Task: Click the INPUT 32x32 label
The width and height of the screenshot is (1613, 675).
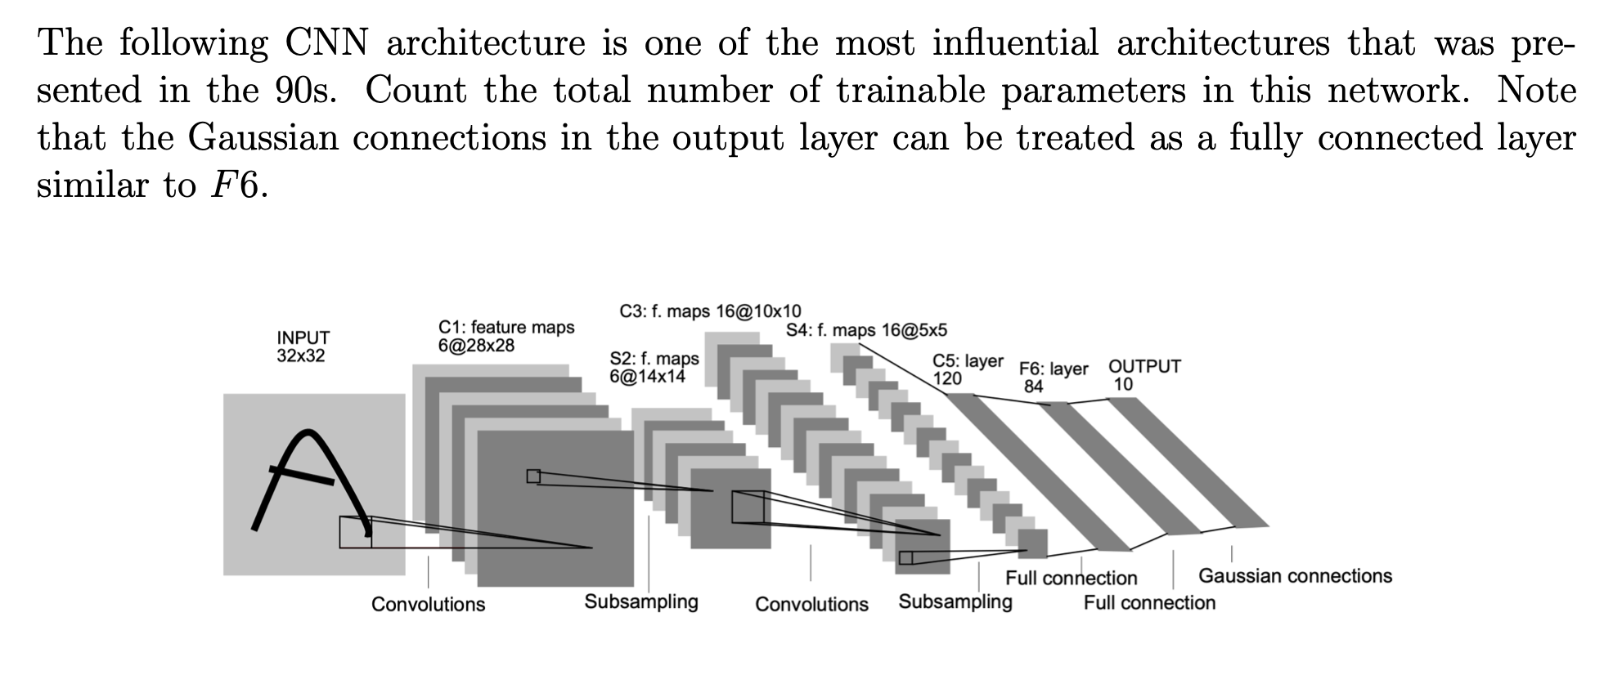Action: click(303, 346)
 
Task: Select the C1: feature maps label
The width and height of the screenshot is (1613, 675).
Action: click(506, 336)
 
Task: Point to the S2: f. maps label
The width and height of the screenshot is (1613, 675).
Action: click(654, 367)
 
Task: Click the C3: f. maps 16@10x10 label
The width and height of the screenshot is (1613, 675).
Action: click(710, 311)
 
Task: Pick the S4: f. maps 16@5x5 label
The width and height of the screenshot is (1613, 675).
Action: click(866, 330)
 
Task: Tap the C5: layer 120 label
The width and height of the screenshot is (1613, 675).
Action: click(968, 369)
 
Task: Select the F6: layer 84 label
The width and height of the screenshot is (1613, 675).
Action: click(1054, 378)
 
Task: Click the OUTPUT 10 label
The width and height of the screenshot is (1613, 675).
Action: click(1144, 375)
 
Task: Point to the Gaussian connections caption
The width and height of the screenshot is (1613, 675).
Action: click(1295, 576)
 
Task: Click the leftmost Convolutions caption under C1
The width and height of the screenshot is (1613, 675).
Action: click(428, 605)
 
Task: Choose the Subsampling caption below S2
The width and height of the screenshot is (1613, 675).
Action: click(641, 602)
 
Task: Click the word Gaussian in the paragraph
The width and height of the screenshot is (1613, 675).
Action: click(263, 137)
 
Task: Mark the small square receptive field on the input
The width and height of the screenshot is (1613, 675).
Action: click(355, 532)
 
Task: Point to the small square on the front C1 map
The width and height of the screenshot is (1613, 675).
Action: click(533, 476)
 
